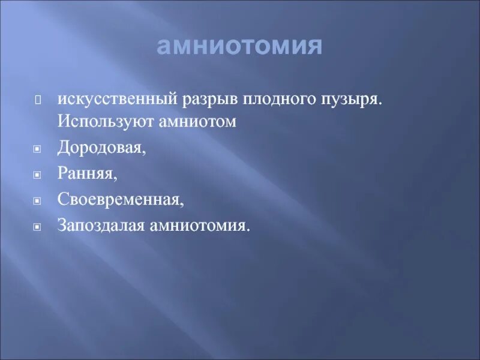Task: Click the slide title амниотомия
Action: pyautogui.click(x=239, y=46)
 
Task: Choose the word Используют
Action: pyautogui.click(x=102, y=121)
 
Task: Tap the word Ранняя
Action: pyautogui.click(x=88, y=173)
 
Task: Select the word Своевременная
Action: pyautogui.click(x=121, y=200)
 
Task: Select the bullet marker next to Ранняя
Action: pyautogui.click(x=37, y=175)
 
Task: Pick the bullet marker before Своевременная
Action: pyautogui.click(x=37, y=201)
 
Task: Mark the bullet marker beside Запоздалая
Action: pyautogui.click(x=37, y=227)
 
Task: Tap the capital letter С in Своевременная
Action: pyautogui.click(x=62, y=200)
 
